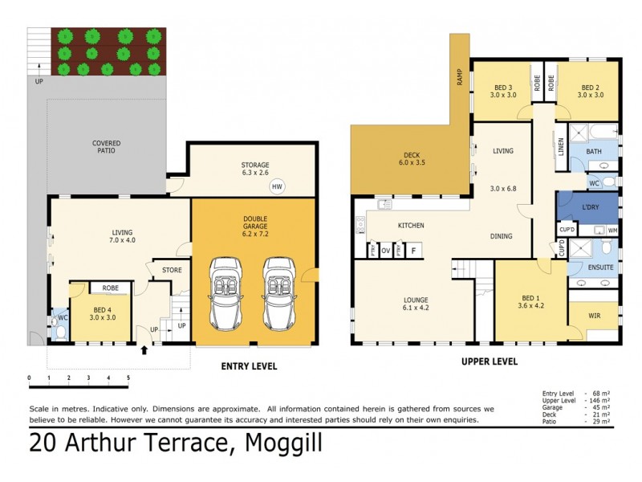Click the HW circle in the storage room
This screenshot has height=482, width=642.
click(x=278, y=186)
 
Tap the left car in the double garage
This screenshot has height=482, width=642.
click(x=225, y=292)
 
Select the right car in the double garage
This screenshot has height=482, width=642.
click(x=278, y=292)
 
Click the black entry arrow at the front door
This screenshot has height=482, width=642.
click(x=144, y=349)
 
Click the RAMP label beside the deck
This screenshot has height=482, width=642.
click(x=460, y=77)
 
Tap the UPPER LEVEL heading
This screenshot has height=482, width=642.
click(x=490, y=361)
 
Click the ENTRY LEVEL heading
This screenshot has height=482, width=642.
click(x=249, y=366)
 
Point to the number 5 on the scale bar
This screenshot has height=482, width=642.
click(x=128, y=378)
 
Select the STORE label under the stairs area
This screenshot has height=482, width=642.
click(x=172, y=270)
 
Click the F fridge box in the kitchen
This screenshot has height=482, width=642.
click(x=413, y=251)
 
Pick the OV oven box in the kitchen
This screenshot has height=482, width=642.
click(x=386, y=251)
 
